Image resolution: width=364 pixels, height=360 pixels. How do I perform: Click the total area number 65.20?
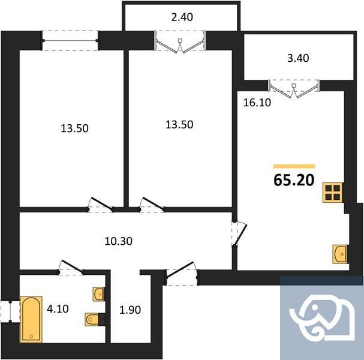pyautogui.click(x=294, y=179)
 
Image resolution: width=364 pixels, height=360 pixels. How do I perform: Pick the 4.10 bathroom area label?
pyautogui.click(x=59, y=310)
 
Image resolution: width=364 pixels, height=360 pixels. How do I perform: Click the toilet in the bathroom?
pyautogui.click(x=91, y=319)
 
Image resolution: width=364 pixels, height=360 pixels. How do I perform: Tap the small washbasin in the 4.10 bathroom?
pyautogui.click(x=99, y=294)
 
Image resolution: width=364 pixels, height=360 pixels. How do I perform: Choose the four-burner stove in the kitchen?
pyautogui.click(x=332, y=193)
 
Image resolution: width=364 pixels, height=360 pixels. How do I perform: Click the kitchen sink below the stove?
pyautogui.click(x=340, y=254)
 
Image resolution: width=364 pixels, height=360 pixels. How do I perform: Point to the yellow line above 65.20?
pyautogui.click(x=294, y=166)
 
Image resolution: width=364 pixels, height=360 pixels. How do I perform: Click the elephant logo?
pyautogui.click(x=321, y=317)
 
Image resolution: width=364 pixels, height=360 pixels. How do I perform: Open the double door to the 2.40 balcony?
pyautogui.click(x=180, y=44)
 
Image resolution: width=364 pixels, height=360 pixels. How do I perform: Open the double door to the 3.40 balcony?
pyautogui.click(x=294, y=88)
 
